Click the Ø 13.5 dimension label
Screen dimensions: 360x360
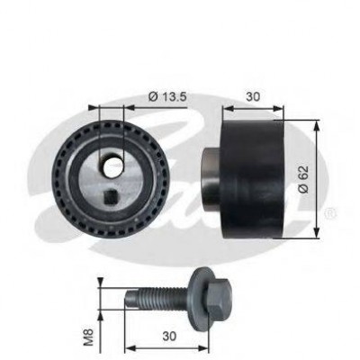pos(167,96)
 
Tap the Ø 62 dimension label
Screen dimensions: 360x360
pos(303,179)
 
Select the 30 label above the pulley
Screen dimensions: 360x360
pos(253,96)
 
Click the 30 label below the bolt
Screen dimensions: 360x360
pos(169,337)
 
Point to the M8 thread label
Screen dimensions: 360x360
pos(90,337)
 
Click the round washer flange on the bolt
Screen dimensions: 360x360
pos(199,300)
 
